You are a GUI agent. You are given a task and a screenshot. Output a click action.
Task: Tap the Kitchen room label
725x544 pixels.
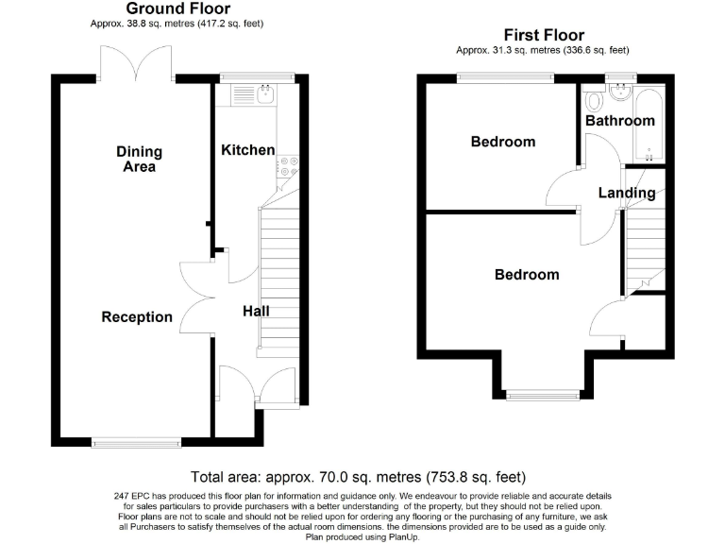point(247,150)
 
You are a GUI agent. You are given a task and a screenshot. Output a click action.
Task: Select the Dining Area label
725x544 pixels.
point(139,159)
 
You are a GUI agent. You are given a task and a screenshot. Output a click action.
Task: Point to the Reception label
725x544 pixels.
point(137,317)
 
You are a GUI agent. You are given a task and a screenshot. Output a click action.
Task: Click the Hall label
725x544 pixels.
point(256,312)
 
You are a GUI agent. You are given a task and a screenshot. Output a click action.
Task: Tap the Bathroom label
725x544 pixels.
point(619,121)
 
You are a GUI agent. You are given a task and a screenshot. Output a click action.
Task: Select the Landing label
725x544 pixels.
point(627,194)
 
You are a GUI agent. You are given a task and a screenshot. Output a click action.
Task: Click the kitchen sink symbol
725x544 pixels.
point(266,93)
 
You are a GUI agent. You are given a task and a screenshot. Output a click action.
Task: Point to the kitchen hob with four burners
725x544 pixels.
point(288,166)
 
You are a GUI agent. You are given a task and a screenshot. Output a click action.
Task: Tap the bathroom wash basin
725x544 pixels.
point(620,92)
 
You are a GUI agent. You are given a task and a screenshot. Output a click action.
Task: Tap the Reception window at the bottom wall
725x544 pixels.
point(137,440)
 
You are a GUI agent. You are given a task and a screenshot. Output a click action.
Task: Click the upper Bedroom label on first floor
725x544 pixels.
point(503,143)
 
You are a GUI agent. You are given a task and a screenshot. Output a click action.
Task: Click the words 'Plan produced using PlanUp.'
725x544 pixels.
point(362,534)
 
